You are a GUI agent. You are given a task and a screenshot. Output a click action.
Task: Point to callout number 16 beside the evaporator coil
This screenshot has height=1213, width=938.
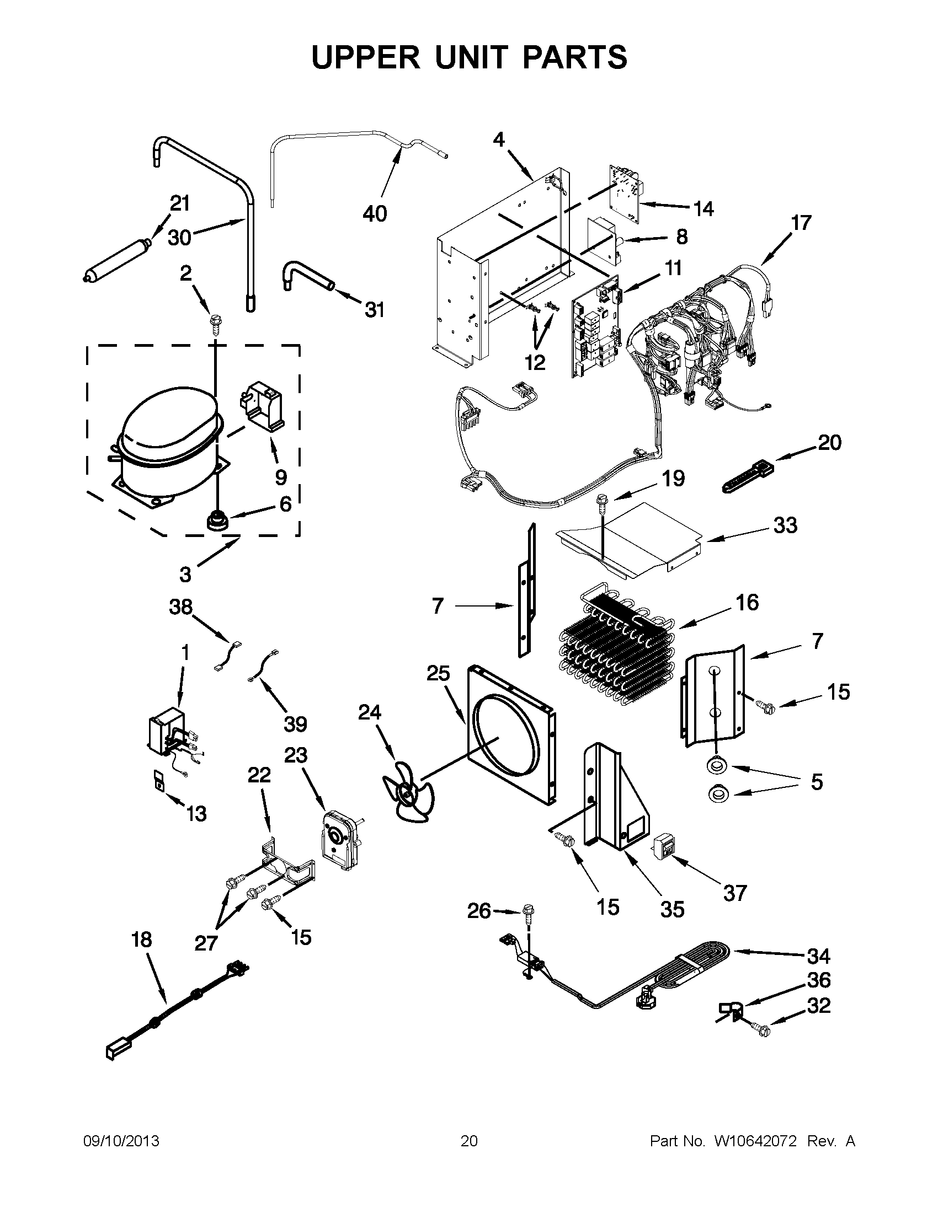click(747, 603)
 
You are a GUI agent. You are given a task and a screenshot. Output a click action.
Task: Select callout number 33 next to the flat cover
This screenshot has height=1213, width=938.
click(785, 525)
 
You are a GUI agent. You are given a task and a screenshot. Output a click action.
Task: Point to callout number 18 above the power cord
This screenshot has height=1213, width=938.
click(141, 940)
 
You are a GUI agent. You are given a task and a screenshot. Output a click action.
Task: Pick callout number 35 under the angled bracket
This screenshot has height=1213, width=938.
click(672, 910)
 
